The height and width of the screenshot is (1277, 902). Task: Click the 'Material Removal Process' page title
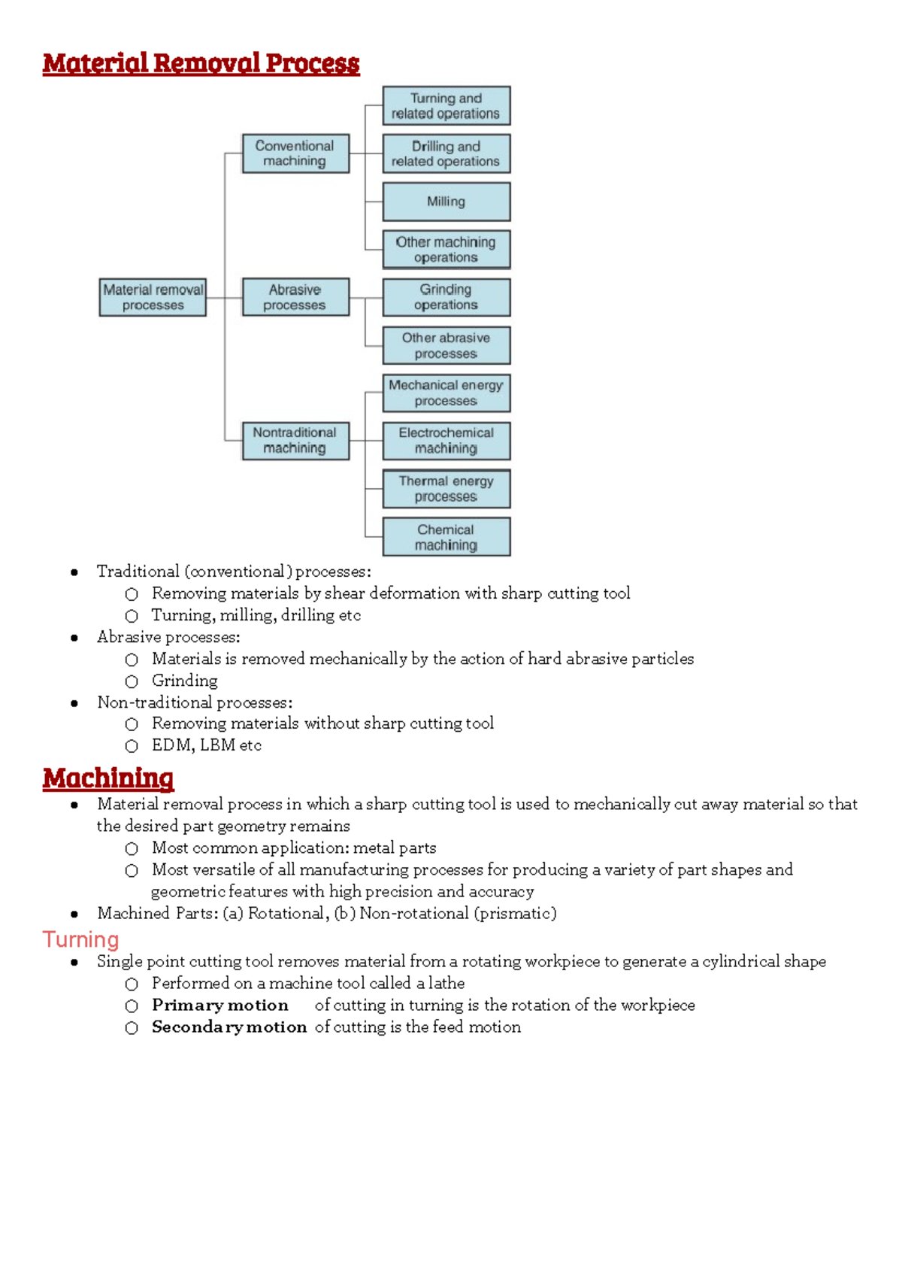coord(201,63)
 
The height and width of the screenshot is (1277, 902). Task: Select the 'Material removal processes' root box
coord(153,297)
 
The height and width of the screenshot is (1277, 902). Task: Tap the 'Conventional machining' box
coord(295,153)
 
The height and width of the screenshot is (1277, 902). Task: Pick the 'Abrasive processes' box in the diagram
coord(295,297)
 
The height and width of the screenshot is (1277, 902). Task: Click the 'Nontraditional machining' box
coord(295,441)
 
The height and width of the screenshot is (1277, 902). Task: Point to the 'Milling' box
coord(446,202)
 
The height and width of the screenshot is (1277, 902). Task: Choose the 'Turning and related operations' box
coord(446,106)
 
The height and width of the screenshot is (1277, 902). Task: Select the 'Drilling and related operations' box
coord(446,153)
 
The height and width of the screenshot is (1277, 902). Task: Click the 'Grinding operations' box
coord(446,297)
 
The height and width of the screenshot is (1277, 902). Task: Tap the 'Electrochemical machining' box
coord(446,441)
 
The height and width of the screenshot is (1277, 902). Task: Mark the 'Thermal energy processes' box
coord(446,489)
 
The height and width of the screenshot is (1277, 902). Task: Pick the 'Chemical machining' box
coord(446,537)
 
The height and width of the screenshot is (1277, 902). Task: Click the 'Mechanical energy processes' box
coord(446,393)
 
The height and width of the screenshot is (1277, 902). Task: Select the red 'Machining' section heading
coord(108,778)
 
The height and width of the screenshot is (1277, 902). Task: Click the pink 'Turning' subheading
coord(80,940)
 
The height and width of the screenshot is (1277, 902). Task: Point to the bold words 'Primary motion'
coord(220,1006)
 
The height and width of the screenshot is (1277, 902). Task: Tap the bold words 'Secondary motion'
coord(229,1027)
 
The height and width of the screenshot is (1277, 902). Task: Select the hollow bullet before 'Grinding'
coord(132,681)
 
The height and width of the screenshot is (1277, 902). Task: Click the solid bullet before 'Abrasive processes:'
coord(74,638)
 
